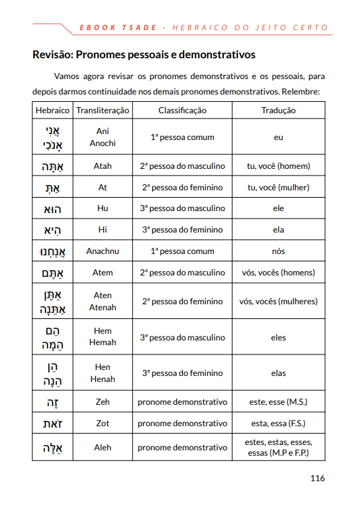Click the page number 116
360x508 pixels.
317,479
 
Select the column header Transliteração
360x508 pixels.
103,111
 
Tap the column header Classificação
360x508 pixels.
182,111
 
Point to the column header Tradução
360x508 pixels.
278,111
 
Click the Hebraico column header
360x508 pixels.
52,111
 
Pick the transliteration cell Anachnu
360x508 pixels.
103,251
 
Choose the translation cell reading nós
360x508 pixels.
278,251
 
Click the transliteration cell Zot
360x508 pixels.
103,424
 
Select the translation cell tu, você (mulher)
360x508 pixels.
278,188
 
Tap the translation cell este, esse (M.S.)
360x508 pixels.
278,402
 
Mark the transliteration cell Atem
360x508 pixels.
103,273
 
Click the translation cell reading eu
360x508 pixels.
278,137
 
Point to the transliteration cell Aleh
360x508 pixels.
103,447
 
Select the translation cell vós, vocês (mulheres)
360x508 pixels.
278,302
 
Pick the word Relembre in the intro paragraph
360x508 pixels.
302,90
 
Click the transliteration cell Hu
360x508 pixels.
103,208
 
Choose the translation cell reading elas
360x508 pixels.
278,373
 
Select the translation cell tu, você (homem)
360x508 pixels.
278,166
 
